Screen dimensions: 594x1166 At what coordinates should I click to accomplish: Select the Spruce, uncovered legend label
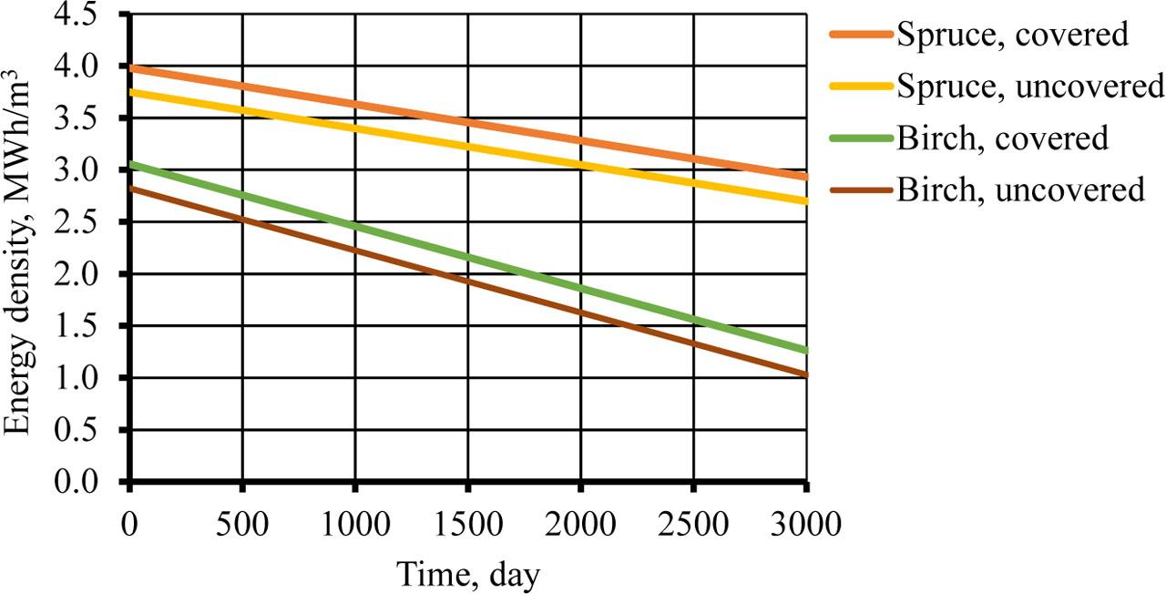pos(1030,87)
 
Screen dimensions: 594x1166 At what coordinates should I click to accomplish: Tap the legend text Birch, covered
pos(1002,138)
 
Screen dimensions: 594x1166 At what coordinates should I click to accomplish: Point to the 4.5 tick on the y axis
pos(99,15)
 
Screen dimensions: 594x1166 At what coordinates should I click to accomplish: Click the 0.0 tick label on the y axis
pos(99,482)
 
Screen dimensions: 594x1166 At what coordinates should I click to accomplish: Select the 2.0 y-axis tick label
pos(99,274)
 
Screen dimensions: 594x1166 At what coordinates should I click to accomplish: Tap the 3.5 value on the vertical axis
pos(99,118)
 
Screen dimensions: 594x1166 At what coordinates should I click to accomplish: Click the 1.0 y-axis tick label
pos(99,378)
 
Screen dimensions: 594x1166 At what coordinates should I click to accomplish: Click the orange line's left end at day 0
pos(130,67)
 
